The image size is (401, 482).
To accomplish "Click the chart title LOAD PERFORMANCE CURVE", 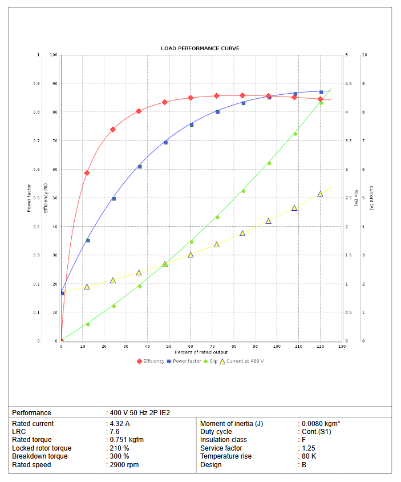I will pyautogui.click(x=200, y=49).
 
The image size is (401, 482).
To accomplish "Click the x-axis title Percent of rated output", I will pyautogui.click(x=200, y=352).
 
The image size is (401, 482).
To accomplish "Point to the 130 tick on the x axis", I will pyautogui.click(x=342, y=347).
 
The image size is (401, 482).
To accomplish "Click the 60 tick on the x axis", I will pyautogui.click(x=191, y=347).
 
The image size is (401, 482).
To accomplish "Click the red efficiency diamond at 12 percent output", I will pyautogui.click(x=87, y=173).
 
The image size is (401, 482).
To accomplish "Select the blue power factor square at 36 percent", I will pyautogui.click(x=140, y=167).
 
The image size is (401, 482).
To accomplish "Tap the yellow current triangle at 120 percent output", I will pyautogui.click(x=320, y=194).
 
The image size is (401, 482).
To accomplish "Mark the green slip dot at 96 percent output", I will pyautogui.click(x=269, y=163).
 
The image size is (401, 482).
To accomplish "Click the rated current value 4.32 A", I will pyautogui.click(x=120, y=424).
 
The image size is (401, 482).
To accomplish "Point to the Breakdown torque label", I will pyautogui.click(x=39, y=456).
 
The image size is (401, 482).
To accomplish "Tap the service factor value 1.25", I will pyautogui.click(x=309, y=448).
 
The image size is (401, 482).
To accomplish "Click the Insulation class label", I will pyautogui.click(x=224, y=440).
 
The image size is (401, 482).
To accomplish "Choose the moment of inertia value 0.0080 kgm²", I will pyautogui.click(x=321, y=424).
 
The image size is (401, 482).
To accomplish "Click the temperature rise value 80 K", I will pyautogui.click(x=309, y=456).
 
